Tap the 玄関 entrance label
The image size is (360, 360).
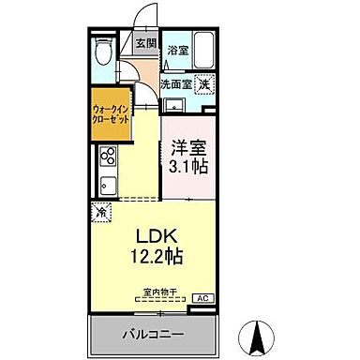(x=144, y=43)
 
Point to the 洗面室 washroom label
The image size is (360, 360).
(x=175, y=83)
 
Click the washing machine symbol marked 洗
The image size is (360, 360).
(x=202, y=84)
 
